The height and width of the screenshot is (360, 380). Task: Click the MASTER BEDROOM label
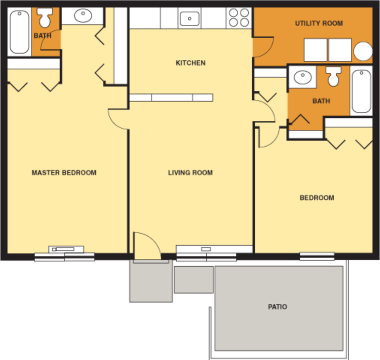pos(64,173)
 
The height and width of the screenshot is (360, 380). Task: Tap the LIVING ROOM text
pos(190,173)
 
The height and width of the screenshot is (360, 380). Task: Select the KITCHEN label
pos(191,63)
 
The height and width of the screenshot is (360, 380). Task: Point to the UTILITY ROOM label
pos(319,23)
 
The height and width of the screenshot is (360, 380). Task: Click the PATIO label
pos(278,307)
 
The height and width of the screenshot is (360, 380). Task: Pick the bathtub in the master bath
pos(20,32)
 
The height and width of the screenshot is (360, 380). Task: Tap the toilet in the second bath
pos(333,76)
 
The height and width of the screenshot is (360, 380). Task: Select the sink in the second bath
pos(302,78)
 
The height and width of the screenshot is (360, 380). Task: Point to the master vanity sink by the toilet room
pos(82,16)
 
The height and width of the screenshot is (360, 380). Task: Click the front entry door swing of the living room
pos(147,246)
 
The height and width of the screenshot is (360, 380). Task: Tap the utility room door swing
pos(262,47)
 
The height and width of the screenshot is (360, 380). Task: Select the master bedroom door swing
pos(118,119)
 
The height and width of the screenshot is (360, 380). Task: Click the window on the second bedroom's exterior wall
pos(317,256)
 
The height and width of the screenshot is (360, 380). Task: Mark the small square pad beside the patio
pos(194,280)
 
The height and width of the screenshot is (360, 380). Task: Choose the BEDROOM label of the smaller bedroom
pos(317,198)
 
